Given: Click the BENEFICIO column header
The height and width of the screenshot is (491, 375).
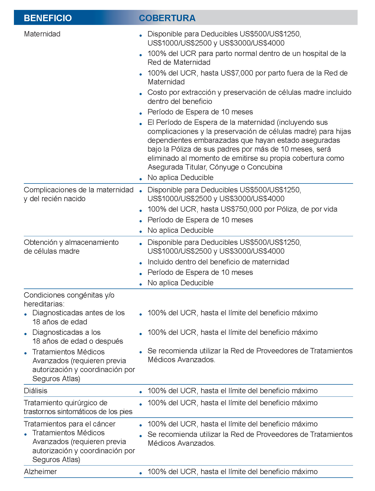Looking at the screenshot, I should click(48, 18).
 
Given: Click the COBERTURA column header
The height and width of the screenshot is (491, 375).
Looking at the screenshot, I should click(167, 18).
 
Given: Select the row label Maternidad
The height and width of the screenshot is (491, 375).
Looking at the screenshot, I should click(42, 34).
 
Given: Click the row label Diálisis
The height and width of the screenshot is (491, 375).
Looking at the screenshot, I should click(36, 391).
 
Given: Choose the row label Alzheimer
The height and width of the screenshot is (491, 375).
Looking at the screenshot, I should click(40, 472).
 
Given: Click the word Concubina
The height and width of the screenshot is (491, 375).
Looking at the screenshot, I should click(265, 167).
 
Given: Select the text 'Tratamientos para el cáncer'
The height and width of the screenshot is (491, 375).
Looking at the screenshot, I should click(70, 424).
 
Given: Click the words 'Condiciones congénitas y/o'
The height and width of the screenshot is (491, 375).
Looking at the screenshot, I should click(69, 295).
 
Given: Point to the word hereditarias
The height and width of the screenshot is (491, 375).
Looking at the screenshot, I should click(43, 304).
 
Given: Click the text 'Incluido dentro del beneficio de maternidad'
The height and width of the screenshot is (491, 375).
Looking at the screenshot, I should click(218, 262).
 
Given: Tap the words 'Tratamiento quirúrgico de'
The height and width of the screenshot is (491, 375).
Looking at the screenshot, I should click(66, 403).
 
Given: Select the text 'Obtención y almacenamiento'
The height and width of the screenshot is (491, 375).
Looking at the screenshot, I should click(71, 242).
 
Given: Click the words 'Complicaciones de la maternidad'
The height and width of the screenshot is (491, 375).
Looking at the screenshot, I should click(78, 190).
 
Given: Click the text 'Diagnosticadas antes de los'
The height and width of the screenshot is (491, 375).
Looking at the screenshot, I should click(78, 313).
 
